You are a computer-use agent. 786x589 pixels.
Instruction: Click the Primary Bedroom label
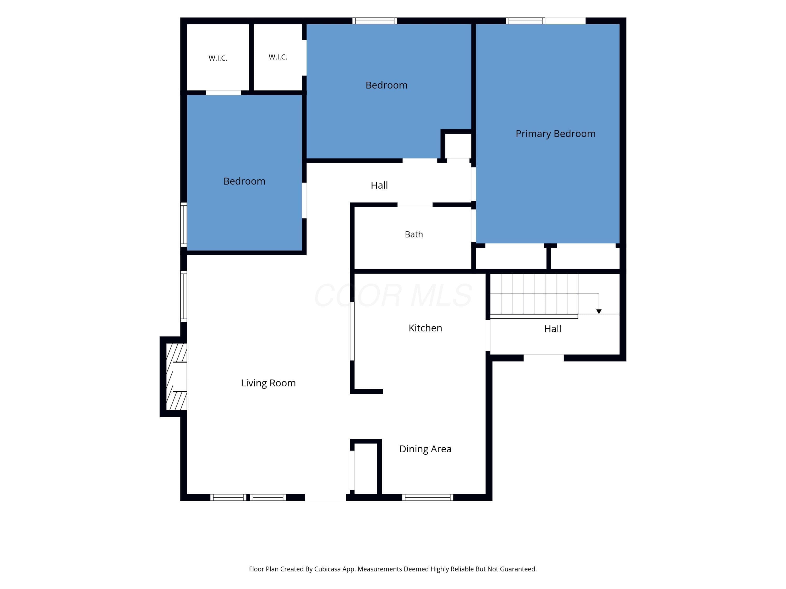point(555,134)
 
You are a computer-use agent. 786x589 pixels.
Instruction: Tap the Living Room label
point(268,383)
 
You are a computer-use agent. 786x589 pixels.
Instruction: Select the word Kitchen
point(425,328)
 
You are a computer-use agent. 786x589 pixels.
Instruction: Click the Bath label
point(414,234)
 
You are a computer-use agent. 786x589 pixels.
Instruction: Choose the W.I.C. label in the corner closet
point(218,58)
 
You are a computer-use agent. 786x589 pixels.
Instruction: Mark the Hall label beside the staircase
point(553,329)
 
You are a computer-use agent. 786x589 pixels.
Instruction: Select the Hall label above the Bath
point(379,185)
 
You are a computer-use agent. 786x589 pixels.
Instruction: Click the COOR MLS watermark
point(393,295)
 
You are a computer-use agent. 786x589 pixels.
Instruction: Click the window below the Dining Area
point(428,497)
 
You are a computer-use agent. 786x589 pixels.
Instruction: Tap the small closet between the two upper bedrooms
point(458,146)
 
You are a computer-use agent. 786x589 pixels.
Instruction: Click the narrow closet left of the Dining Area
point(366,468)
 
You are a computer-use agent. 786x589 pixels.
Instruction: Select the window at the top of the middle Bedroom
point(374,21)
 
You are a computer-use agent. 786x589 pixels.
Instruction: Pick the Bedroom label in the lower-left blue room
point(244,181)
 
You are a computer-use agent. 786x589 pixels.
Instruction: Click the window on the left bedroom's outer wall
point(184,225)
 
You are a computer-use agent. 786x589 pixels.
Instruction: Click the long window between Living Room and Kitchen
point(352,331)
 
